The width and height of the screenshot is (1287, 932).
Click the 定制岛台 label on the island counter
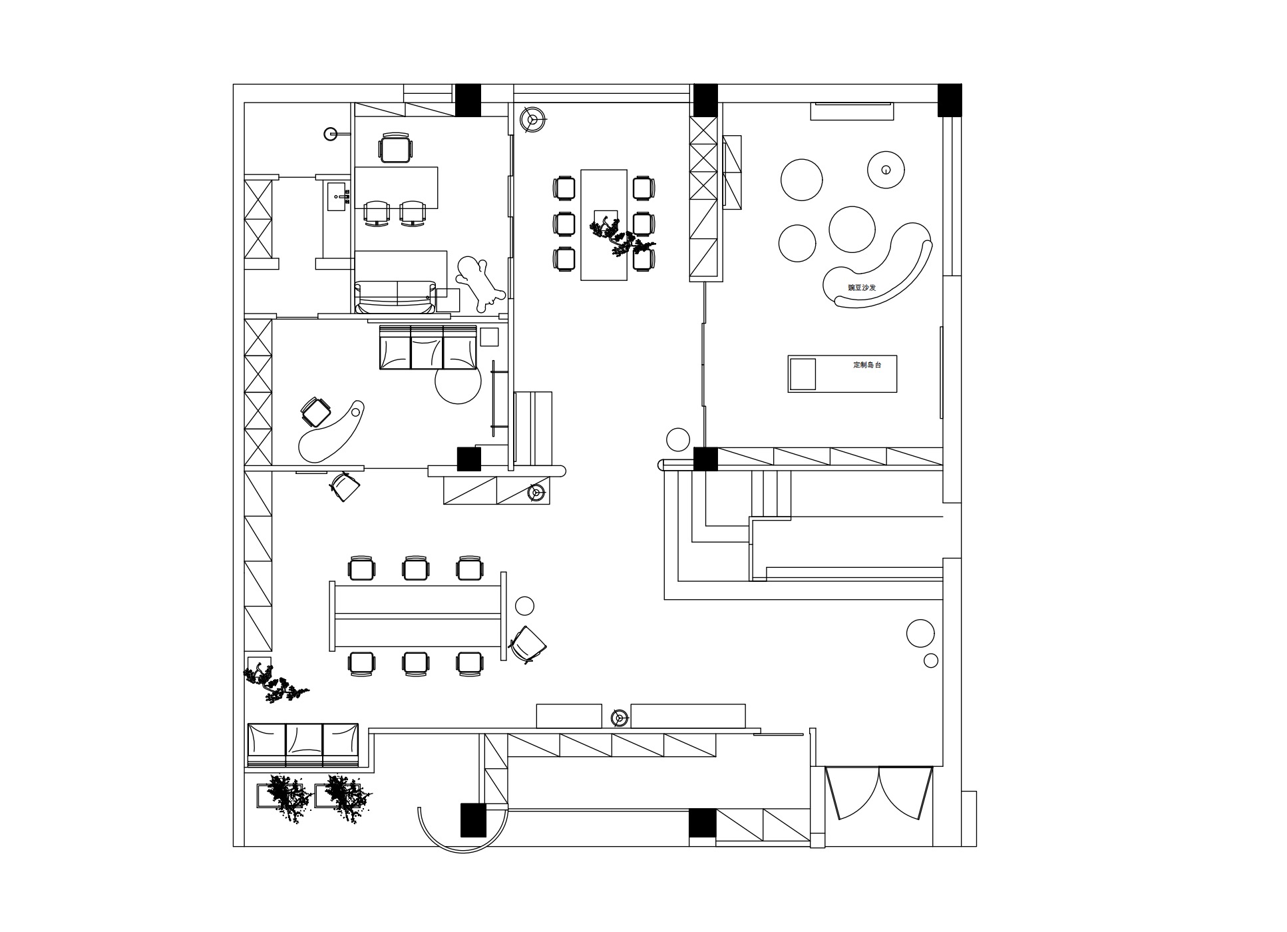pos(867,365)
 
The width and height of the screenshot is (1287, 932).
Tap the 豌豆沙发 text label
pos(862,288)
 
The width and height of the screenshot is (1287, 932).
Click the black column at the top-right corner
pos(950,100)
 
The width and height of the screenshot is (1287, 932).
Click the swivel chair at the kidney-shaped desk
pos(315,411)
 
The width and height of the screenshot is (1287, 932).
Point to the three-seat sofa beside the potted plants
pos(303,745)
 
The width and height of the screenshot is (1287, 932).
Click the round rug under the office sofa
pos(458,381)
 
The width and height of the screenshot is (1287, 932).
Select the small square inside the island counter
pos(803,374)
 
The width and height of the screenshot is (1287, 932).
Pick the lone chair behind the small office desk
pos(396,147)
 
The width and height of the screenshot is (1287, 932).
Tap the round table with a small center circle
pos(886,170)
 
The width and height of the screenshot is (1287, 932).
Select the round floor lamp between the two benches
pos(620,717)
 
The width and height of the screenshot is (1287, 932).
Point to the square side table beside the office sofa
pos(489,337)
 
